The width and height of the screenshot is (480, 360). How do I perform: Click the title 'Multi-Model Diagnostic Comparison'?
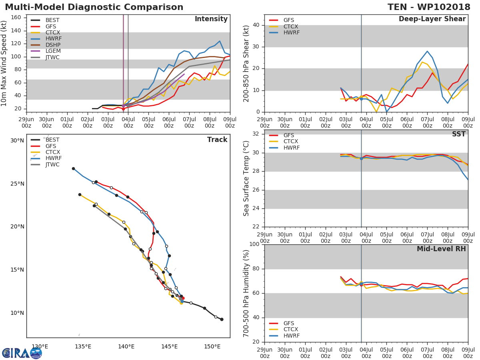94,7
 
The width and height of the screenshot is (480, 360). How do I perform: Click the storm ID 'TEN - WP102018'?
429,7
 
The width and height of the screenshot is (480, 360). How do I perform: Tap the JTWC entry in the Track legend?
53,164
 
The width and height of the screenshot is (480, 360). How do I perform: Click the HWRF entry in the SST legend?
291,148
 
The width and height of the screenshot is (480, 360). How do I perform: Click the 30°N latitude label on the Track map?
17,140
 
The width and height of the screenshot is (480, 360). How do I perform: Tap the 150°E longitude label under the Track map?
212,346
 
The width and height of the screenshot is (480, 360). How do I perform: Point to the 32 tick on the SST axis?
256,134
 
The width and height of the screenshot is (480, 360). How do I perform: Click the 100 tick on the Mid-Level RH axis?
254,244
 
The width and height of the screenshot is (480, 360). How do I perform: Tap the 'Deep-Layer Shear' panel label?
432,19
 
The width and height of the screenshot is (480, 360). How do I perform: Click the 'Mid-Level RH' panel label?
441,249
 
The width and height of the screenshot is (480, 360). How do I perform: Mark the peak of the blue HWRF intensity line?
220,41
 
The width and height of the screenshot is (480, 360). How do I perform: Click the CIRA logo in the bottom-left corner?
22,353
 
